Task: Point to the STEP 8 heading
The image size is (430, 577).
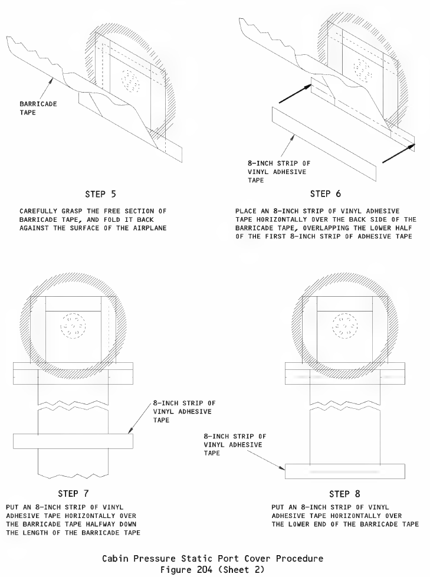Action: [x=344, y=493]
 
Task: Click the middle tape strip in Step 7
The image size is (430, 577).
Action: [x=73, y=441]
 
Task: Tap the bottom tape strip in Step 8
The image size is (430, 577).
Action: [x=344, y=471]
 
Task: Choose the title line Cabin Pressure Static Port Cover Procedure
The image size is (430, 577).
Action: [x=212, y=558]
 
